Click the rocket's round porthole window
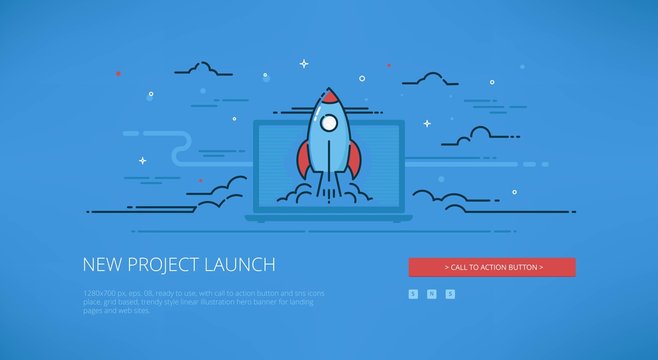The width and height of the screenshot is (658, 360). point(328,125)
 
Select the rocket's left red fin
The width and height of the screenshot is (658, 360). point(304,160)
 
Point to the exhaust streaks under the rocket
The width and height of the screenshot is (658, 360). point(328,185)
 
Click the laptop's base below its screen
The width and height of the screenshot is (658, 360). point(328,216)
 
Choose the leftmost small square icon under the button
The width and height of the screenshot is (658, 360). point(413,293)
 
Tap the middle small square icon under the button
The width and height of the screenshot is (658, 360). point(432,293)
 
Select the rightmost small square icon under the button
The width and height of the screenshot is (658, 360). point(450,293)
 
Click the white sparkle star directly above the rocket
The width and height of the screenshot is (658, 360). point(304,64)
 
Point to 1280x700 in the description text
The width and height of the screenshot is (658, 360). point(97,291)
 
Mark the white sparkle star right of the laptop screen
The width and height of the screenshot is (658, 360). point(427,124)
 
